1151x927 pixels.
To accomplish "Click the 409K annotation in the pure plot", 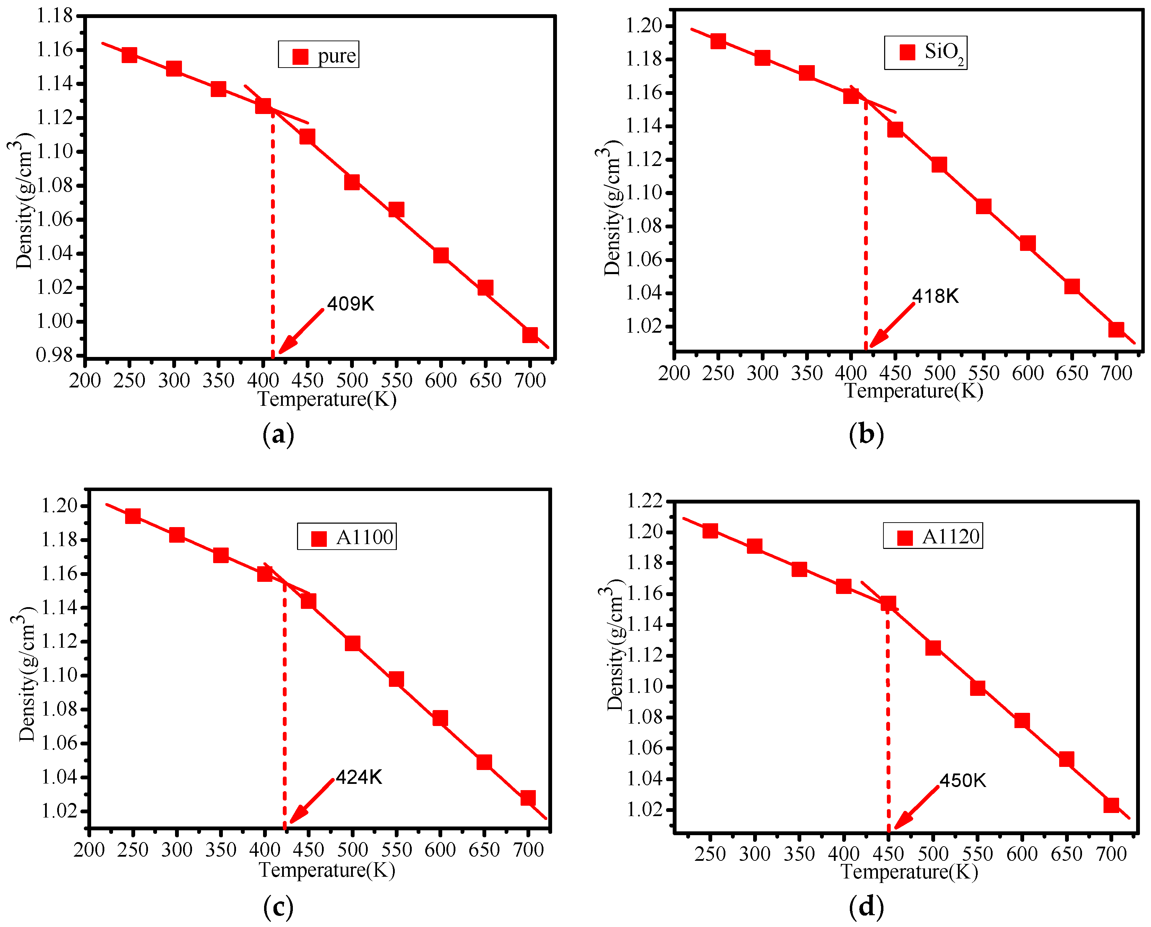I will pyautogui.click(x=350, y=304).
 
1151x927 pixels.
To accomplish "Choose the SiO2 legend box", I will pyautogui.click(x=926, y=52).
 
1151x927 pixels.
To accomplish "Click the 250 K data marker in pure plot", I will pyautogui.click(x=129, y=55).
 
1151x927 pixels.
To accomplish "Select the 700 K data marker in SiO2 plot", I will pyautogui.click(x=1116, y=329).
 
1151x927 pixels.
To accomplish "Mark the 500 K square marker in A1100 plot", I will pyautogui.click(x=352, y=643).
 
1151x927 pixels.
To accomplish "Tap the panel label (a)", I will pyautogui.click(x=278, y=435).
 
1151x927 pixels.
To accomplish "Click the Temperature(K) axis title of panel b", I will pyautogui.click(x=914, y=391).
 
